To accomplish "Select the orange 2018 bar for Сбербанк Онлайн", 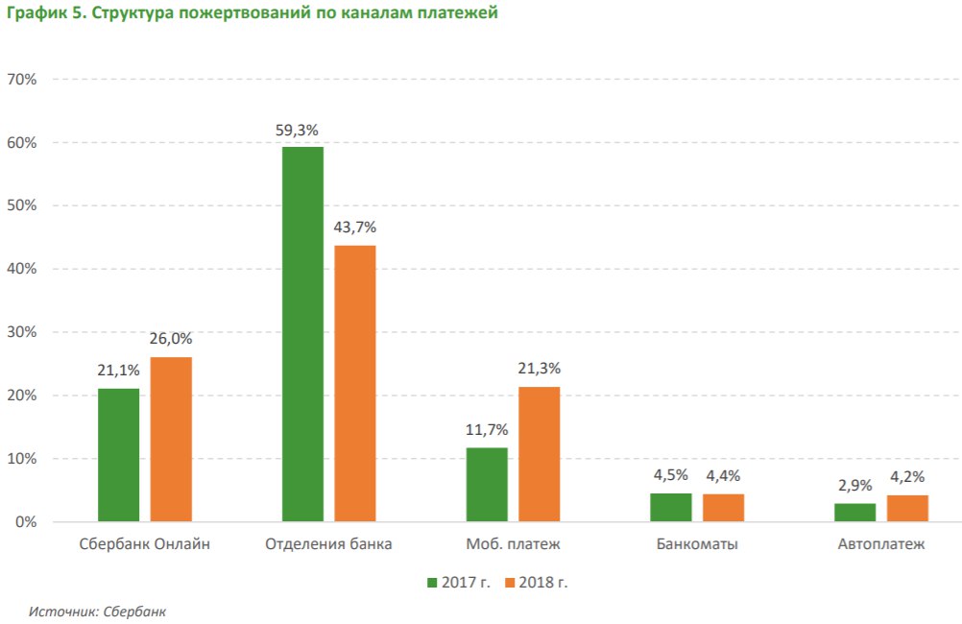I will tap(171, 440).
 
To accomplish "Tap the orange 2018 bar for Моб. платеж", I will tap(539, 454).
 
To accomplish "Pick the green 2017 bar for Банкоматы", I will tap(670, 508).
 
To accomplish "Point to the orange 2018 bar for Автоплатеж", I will tap(907, 509).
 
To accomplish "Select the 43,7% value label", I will tap(355, 228).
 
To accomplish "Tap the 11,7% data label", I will tap(487, 430).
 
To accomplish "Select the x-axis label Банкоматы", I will tap(697, 545).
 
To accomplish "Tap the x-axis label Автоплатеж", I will tap(880, 545).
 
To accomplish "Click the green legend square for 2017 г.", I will tap(432, 582).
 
